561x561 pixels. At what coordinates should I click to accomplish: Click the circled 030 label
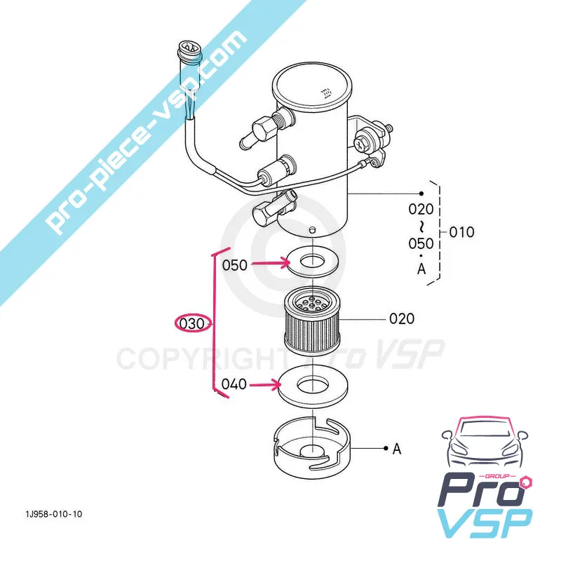(x=189, y=323)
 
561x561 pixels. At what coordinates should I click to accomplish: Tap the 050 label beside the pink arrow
(x=235, y=265)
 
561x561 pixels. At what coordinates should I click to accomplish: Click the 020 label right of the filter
(x=401, y=319)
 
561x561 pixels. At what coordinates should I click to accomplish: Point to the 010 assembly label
(x=461, y=232)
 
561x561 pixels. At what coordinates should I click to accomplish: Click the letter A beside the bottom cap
(x=397, y=450)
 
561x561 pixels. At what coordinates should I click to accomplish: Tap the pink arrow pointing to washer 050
(x=271, y=264)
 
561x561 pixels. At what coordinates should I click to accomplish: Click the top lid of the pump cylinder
(x=312, y=86)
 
